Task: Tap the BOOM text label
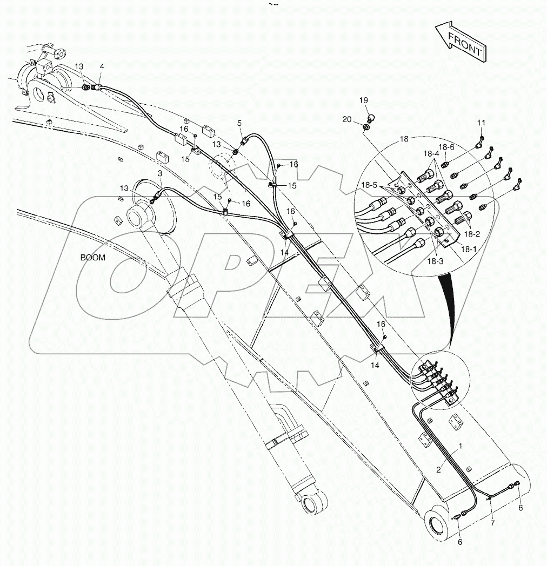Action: [93, 258]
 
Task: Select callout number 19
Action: [364, 100]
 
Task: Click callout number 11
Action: [481, 124]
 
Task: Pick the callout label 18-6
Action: [446, 147]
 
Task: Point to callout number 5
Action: [239, 123]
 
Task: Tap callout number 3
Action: [160, 173]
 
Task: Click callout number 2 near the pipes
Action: [439, 470]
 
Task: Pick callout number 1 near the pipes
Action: [461, 447]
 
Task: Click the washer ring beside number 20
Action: [366, 127]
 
